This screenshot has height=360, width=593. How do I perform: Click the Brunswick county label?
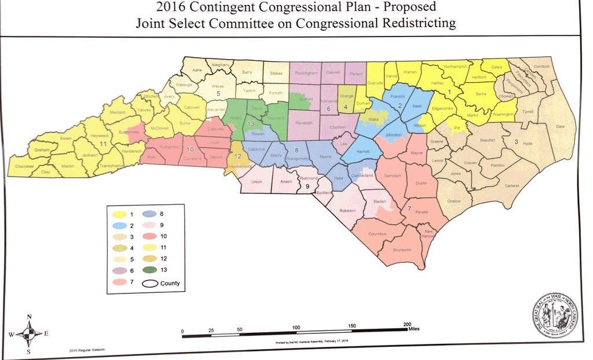(x=401, y=249)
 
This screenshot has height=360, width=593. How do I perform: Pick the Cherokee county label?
(x=24, y=166)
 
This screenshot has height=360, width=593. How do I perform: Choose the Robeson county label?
(x=347, y=211)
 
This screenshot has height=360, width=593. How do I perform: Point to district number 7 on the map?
(x=409, y=207)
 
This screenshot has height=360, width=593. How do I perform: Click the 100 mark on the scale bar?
(x=296, y=328)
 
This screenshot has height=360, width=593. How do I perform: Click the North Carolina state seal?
(x=554, y=317)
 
